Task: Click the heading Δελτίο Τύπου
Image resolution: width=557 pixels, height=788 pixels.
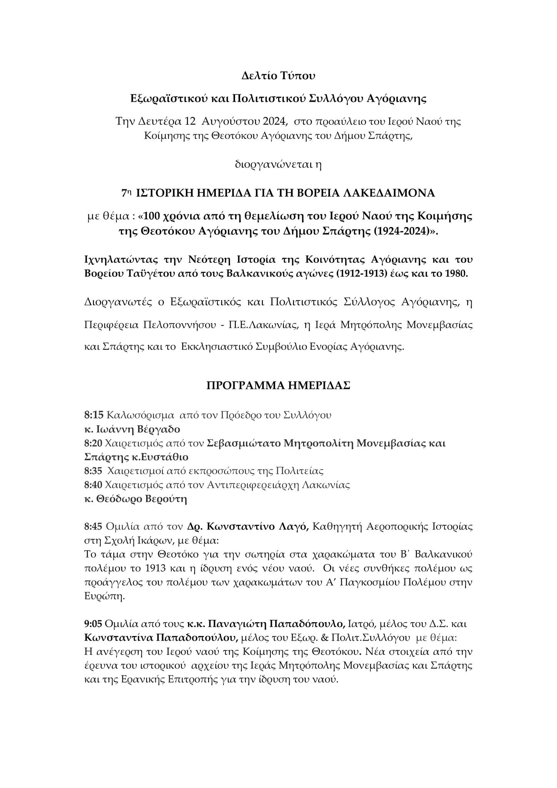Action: (278, 76)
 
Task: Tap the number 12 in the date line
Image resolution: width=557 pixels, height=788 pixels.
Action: (190, 122)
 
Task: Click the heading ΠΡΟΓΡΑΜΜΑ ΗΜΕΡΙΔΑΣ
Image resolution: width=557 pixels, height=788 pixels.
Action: (278, 386)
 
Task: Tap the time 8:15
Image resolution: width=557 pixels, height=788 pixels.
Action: (93, 415)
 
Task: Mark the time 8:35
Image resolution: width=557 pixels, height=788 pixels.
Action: (93, 471)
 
